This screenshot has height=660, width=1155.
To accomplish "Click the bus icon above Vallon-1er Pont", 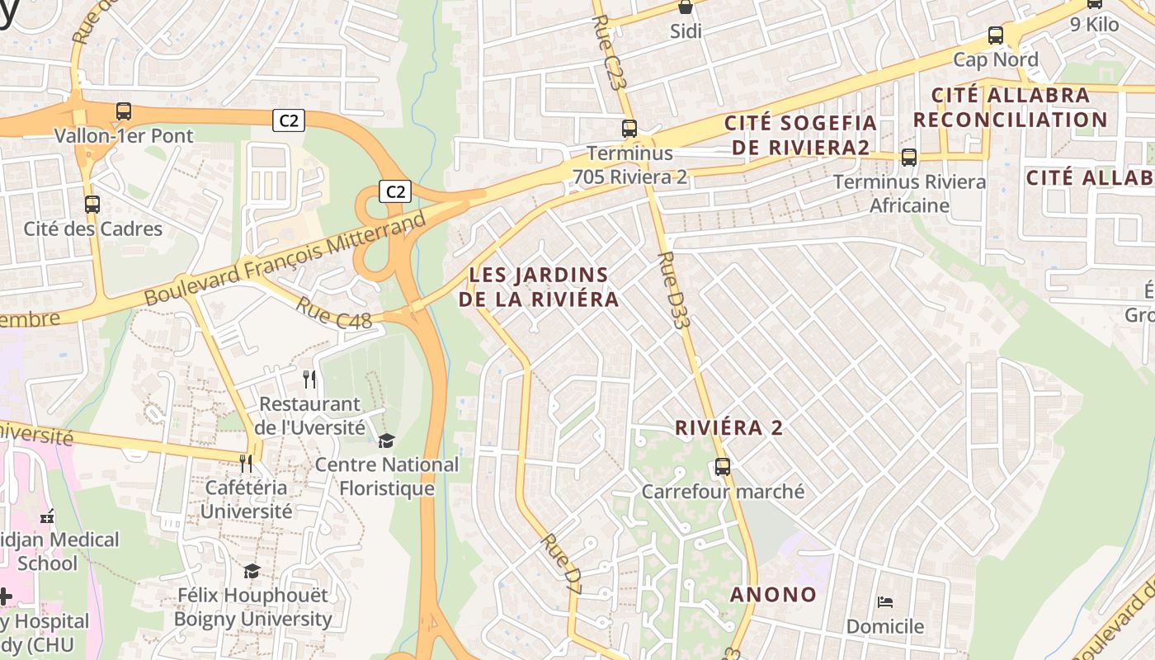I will coord(124,111).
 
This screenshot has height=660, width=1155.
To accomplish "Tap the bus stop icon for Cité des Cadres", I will coord(92,204).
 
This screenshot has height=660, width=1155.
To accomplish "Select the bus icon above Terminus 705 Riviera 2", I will coord(629,129).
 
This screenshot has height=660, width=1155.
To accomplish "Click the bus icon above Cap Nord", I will coord(996,35).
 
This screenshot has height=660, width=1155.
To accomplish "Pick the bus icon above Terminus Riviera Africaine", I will coord(909,157).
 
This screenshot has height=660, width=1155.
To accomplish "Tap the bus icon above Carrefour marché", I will coord(723,467).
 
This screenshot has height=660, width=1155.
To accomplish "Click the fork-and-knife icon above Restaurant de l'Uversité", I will coord(309,379).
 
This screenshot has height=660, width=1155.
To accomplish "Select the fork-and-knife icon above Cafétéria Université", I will coord(246,464).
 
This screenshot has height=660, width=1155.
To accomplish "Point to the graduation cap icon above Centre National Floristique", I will coord(386,441).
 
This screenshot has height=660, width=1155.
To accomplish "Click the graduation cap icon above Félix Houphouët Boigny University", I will coord(252,571).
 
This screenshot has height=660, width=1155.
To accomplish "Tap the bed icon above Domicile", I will coord(885,601).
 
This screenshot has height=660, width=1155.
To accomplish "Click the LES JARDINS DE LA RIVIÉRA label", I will coord(539,287).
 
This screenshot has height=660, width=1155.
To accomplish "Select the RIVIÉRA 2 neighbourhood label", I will coord(728,428).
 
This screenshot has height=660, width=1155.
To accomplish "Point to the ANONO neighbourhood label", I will coord(773,595).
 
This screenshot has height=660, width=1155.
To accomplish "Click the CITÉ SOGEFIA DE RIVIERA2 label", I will coord(800,135).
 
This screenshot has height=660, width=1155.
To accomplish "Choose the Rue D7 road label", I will coord(562,564).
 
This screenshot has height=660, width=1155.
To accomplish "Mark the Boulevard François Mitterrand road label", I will coord(286,257).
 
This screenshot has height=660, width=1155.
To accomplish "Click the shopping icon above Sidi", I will coord(685,7).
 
